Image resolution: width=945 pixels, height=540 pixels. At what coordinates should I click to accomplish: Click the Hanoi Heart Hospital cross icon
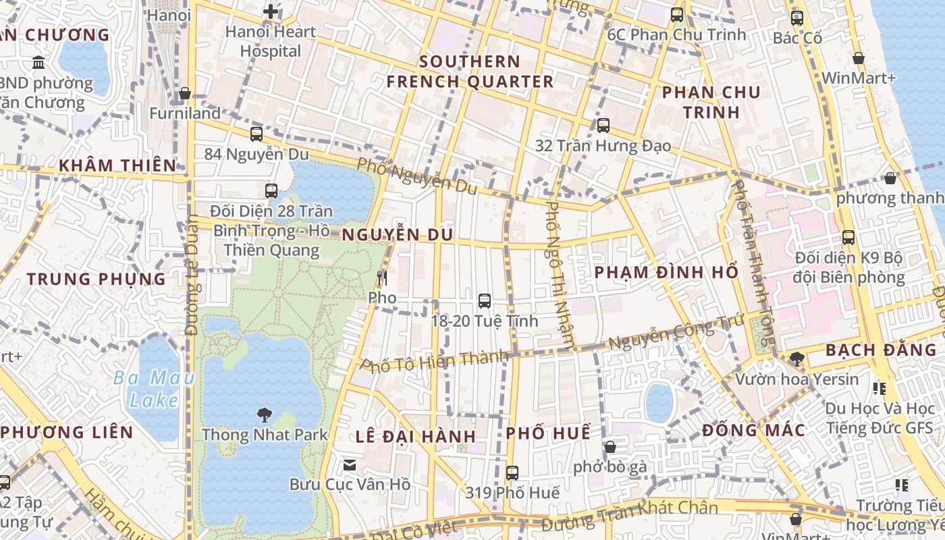tap(271, 11)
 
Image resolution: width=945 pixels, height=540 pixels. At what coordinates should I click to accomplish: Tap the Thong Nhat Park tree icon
tap(264, 414)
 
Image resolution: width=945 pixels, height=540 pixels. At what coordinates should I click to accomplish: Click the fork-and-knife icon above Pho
tap(382, 277)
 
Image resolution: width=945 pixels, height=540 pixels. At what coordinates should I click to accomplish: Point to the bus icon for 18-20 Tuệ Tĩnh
tap(484, 301)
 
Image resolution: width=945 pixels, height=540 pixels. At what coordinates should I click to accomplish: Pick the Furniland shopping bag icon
tap(185, 93)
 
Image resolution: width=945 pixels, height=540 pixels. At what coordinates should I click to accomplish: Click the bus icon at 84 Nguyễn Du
tap(256, 134)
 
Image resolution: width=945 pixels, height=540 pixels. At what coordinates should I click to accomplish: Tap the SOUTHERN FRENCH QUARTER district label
tap(470, 72)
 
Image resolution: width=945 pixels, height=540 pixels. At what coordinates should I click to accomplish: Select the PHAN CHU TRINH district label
tap(711, 102)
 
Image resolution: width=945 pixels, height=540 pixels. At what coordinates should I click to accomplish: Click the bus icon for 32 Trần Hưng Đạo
tap(603, 126)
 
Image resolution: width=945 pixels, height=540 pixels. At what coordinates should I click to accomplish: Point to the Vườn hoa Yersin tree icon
tap(796, 358)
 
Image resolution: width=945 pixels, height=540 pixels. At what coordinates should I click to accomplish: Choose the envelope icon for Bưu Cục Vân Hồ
tap(350, 464)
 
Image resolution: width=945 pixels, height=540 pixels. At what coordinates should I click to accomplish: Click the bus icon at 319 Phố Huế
tap(512, 473)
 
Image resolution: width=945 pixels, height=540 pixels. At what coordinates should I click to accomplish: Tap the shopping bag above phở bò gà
tap(610, 447)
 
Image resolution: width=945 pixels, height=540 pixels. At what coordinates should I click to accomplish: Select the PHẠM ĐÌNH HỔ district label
tap(666, 273)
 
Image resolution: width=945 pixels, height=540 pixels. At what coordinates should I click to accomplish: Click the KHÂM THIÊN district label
tap(117, 165)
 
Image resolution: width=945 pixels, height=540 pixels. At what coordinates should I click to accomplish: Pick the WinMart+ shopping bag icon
tap(859, 59)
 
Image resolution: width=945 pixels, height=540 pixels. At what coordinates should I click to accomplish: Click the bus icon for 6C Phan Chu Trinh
tap(677, 14)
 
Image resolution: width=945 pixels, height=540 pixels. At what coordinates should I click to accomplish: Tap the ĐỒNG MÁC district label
tap(753, 431)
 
